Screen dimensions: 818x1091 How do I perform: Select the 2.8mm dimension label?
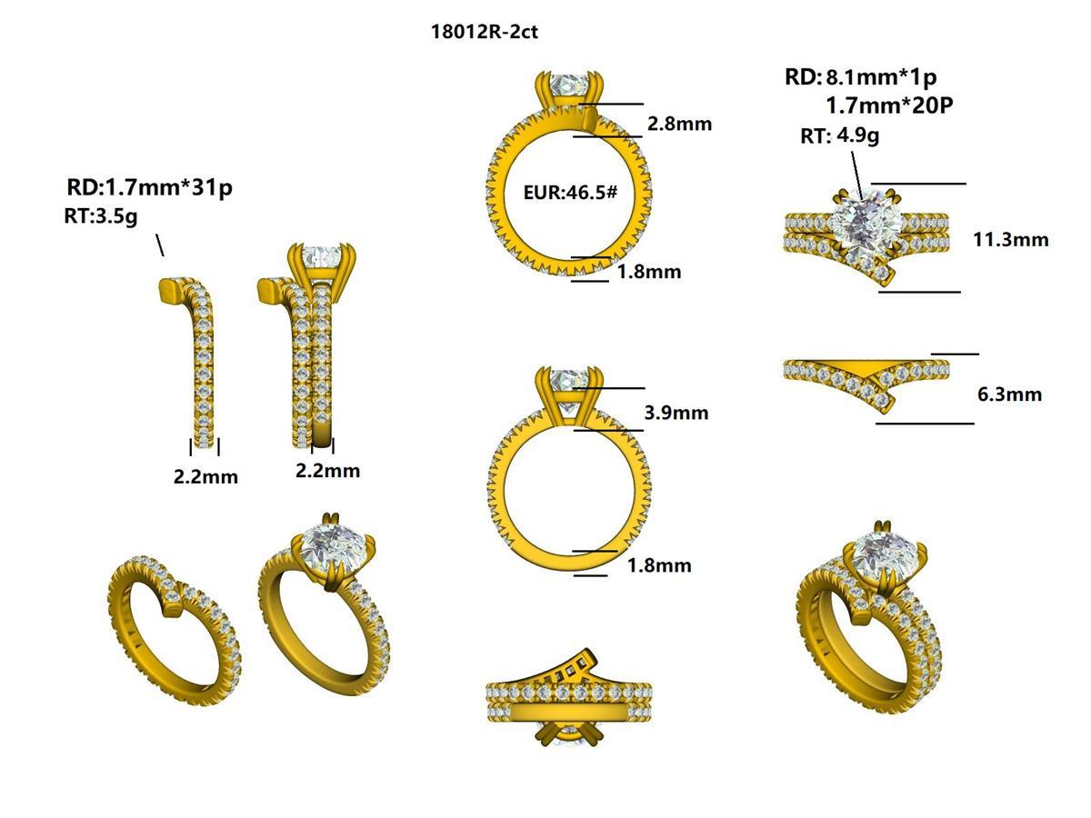(x=679, y=124)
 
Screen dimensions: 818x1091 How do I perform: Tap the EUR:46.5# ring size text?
(x=570, y=194)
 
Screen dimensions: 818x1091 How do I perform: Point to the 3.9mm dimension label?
(x=676, y=413)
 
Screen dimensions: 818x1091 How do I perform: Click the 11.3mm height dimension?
(x=1011, y=240)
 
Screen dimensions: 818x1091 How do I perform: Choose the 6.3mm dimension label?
(x=1009, y=394)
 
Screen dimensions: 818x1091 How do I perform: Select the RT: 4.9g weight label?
(x=839, y=136)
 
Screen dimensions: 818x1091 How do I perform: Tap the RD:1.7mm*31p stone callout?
(x=150, y=188)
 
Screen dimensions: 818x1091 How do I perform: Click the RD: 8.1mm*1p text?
(x=860, y=76)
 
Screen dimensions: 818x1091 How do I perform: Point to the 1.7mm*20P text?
(x=889, y=105)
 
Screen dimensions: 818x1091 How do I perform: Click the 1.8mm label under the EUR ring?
(x=648, y=272)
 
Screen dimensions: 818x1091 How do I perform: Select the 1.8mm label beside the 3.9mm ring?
(x=659, y=565)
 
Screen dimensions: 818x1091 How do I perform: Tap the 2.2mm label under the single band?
(x=205, y=476)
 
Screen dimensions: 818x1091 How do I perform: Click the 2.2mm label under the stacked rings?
(x=327, y=470)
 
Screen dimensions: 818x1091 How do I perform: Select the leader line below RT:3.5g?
(x=160, y=244)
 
